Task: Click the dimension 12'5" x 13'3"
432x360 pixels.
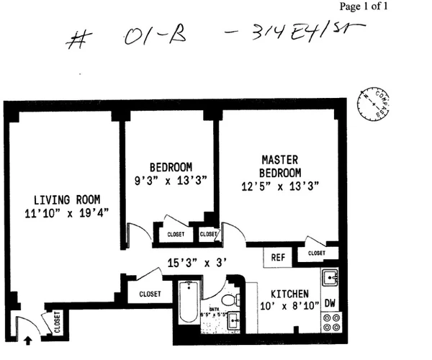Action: click(280, 186)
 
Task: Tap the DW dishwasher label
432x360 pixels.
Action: click(330, 303)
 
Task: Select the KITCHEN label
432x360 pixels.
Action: click(289, 294)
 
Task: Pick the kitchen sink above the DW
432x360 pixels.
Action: click(330, 278)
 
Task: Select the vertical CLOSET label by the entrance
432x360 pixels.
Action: click(55, 321)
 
